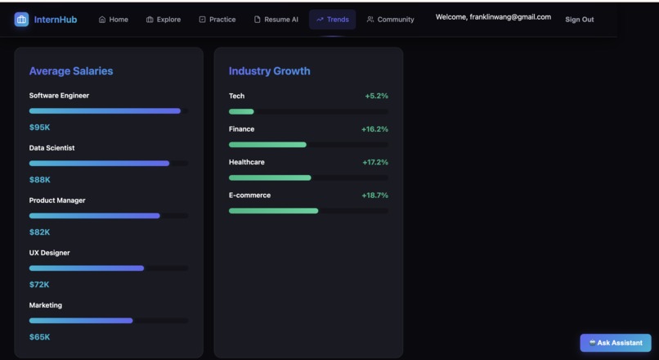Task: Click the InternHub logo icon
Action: pyautogui.click(x=21, y=19)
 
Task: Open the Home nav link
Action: pyautogui.click(x=113, y=20)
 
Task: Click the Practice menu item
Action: pyautogui.click(x=217, y=20)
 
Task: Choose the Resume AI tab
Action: pyautogui.click(x=276, y=20)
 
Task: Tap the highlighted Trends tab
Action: pyautogui.click(x=332, y=20)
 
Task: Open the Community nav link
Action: pyautogui.click(x=390, y=20)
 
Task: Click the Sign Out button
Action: pyautogui.click(x=579, y=20)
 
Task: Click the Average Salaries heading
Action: pyautogui.click(x=71, y=71)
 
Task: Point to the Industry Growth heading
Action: pyautogui.click(x=269, y=71)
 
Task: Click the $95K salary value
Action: pyautogui.click(x=39, y=128)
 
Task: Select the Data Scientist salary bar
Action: pyautogui.click(x=99, y=164)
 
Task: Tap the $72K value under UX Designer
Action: pyautogui.click(x=39, y=285)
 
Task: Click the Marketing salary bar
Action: pyautogui.click(x=81, y=321)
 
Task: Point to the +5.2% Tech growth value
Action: pyautogui.click(x=376, y=97)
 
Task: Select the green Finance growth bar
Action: pyautogui.click(x=267, y=145)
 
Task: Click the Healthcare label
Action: pyautogui.click(x=246, y=162)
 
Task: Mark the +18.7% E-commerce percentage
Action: pyautogui.click(x=374, y=196)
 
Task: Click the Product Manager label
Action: pyautogui.click(x=57, y=200)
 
